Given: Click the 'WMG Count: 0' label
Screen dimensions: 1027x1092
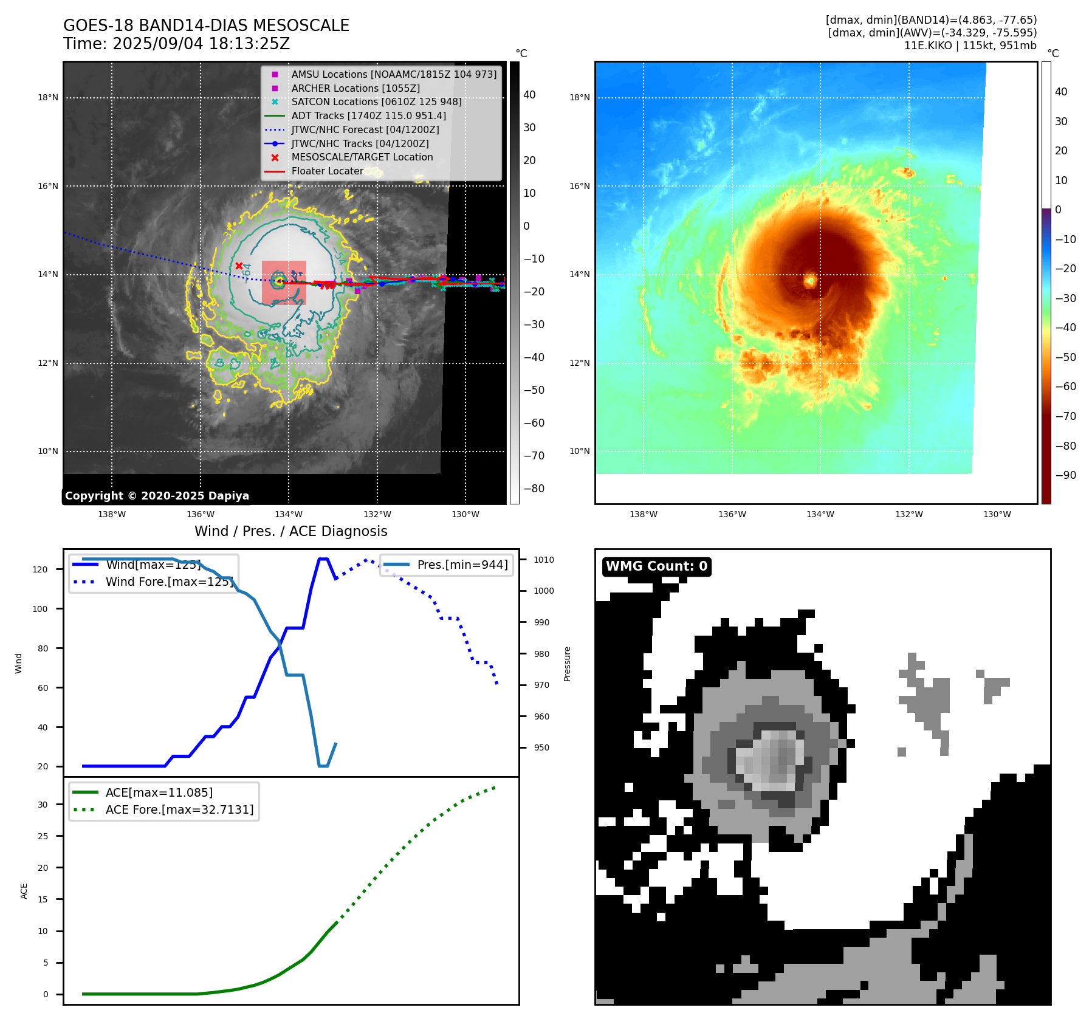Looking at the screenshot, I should pyautogui.click(x=656, y=566).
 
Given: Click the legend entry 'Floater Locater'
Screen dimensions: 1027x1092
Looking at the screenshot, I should pyautogui.click(x=327, y=171).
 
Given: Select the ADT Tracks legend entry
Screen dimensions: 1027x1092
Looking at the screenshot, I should pyautogui.click(x=368, y=115).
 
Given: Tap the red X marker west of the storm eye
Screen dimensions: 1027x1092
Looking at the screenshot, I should pyautogui.click(x=239, y=266).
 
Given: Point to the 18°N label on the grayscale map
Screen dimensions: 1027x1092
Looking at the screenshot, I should pyautogui.click(x=48, y=97).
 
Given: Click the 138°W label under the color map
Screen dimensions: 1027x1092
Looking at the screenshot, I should pyautogui.click(x=643, y=514).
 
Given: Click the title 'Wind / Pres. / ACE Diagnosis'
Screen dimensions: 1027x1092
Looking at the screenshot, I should pyautogui.click(x=290, y=531).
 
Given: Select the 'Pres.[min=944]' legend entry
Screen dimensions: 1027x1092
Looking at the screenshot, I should pyautogui.click(x=462, y=565).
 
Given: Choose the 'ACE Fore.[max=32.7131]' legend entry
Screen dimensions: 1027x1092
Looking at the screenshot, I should pyautogui.click(x=179, y=809).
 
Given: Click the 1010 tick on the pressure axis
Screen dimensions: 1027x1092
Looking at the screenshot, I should pyautogui.click(x=544, y=560).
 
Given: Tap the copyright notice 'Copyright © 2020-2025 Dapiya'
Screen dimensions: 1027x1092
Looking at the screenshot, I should pyautogui.click(x=157, y=496).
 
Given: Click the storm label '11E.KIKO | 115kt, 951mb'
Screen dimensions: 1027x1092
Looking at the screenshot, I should pyautogui.click(x=970, y=46).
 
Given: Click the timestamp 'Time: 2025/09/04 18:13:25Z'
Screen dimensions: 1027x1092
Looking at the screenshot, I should pyautogui.click(x=176, y=44).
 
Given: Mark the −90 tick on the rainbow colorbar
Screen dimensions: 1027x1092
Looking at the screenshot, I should pyautogui.click(x=1065, y=475).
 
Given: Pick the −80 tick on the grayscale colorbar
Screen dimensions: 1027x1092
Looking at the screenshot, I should pyautogui.click(x=534, y=489).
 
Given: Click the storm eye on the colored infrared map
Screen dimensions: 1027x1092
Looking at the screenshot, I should pyautogui.click(x=810, y=280).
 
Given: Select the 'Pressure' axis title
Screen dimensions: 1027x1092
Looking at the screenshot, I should pyautogui.click(x=567, y=664).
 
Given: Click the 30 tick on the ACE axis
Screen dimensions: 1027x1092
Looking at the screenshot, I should pyautogui.click(x=43, y=805).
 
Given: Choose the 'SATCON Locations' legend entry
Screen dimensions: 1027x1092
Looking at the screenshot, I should pyautogui.click(x=376, y=101).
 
